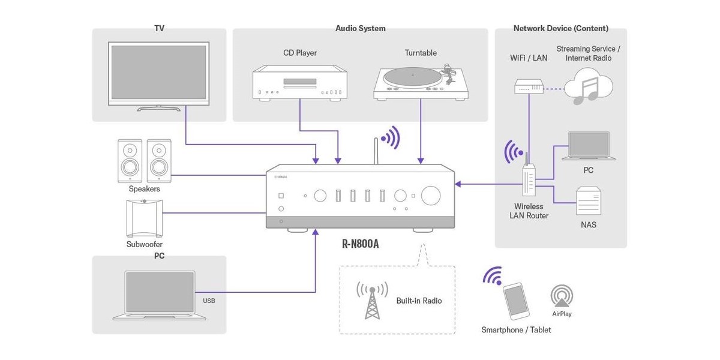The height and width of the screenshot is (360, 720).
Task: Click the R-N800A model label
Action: click(361, 244)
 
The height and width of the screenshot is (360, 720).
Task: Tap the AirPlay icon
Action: click(562, 296)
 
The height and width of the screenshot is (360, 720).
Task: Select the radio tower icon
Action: click(372, 300)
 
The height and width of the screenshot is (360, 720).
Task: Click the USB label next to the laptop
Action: click(209, 301)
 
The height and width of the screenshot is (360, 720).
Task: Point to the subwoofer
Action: click(145, 218)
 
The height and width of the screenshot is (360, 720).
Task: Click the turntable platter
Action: click(413, 77)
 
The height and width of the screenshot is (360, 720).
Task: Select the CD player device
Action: click(300, 83)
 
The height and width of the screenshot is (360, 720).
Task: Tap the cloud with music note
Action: click(589, 86)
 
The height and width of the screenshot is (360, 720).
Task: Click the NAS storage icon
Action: click(588, 201)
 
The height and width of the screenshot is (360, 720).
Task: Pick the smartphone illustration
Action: click(516, 301)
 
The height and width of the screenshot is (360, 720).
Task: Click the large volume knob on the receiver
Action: click(431, 196)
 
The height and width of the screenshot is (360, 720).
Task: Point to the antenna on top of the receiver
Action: click(376, 151)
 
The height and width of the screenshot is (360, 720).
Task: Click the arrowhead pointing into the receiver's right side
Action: click(458, 184)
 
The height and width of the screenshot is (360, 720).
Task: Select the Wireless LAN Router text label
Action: click(529, 211)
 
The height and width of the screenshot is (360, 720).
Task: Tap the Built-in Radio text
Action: click(419, 301)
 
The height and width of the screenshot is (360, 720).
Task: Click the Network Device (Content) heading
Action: click(561, 28)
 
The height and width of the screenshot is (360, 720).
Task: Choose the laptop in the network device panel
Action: click(589, 146)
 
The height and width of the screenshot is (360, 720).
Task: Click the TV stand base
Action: click(159, 109)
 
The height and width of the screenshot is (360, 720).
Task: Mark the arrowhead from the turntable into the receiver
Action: click(421, 161)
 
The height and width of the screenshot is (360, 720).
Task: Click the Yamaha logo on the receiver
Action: click(281, 177)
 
